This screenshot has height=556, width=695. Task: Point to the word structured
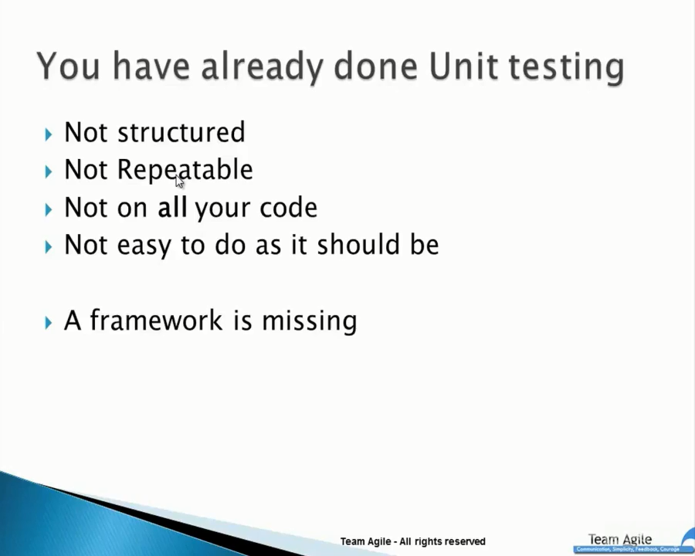click(x=181, y=133)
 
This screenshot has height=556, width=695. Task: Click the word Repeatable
click(x=185, y=171)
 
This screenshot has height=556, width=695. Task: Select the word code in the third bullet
click(x=288, y=208)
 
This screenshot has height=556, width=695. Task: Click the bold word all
click(x=172, y=208)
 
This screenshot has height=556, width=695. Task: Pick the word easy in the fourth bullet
click(x=144, y=246)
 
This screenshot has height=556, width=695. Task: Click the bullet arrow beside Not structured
click(x=49, y=134)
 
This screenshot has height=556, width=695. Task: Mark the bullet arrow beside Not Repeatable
click(x=49, y=171)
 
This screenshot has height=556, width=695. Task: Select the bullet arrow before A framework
click(x=49, y=322)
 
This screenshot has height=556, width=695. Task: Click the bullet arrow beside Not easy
click(x=49, y=247)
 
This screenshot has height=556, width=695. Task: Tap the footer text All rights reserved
click(x=442, y=541)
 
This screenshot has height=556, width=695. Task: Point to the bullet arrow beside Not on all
click(x=49, y=209)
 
